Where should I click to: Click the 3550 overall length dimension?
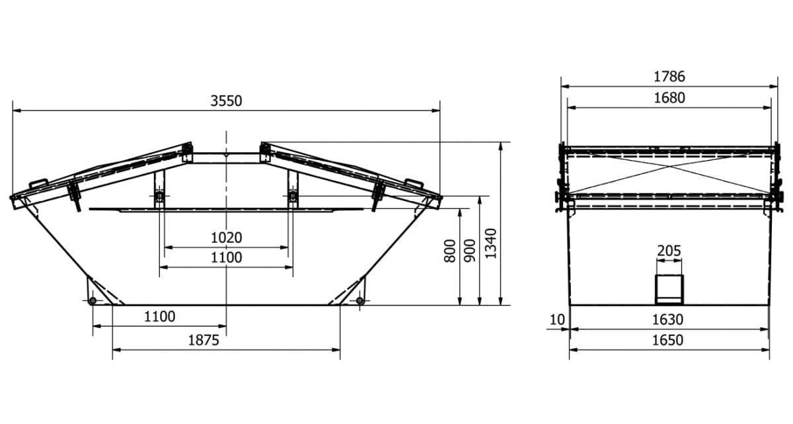coord(227,101)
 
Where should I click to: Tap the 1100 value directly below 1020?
coord(227,258)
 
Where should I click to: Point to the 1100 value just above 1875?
coord(159,317)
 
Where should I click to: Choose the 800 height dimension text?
coord(450,251)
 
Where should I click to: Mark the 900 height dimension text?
coord(470,251)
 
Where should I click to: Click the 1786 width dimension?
coord(669,77)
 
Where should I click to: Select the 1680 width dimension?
coord(669,98)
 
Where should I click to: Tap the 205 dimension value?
coord(669,251)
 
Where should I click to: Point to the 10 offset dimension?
coord(557,320)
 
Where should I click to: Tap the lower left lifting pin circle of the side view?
coord(92,302)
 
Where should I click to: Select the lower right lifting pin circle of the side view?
coord(359,302)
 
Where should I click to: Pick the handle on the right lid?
coord(414,182)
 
